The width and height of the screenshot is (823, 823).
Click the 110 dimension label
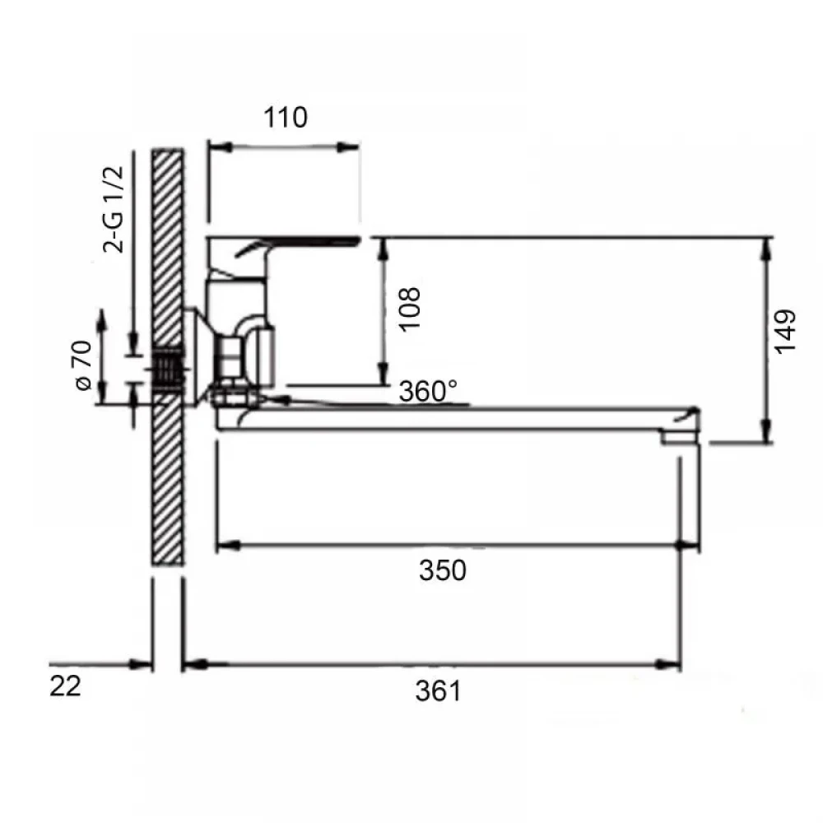tap(285, 118)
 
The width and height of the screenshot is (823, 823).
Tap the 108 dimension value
tap(410, 309)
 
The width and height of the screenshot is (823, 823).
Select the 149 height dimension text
tap(786, 332)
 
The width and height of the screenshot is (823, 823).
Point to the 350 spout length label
tap(443, 570)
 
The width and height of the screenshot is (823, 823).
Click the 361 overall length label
tap(439, 690)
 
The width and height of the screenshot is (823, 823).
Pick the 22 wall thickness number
tap(66, 686)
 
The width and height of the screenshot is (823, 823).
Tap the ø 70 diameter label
tap(83, 365)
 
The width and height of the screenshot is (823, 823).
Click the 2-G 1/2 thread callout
tap(114, 209)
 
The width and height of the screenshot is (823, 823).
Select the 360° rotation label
tap(428, 391)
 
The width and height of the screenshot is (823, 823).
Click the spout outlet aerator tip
tap(681, 437)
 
